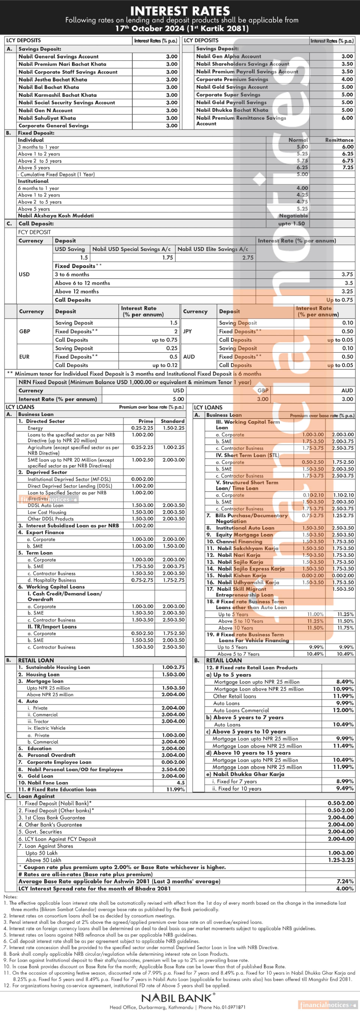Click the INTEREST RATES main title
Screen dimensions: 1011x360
[x=180, y=11]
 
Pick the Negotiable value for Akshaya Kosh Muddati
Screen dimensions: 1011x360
[x=293, y=216]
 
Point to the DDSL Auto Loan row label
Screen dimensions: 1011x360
[x=45, y=505]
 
